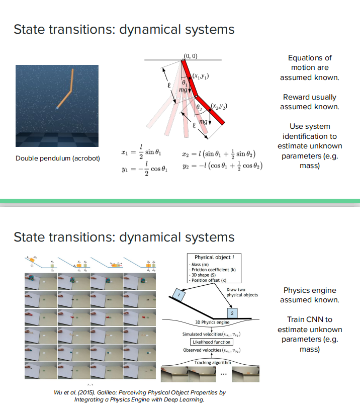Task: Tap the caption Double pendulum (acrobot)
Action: (x=58, y=158)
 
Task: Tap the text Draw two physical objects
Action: (x=242, y=292)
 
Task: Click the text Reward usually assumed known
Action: (x=309, y=102)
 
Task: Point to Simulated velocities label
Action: (x=211, y=334)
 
